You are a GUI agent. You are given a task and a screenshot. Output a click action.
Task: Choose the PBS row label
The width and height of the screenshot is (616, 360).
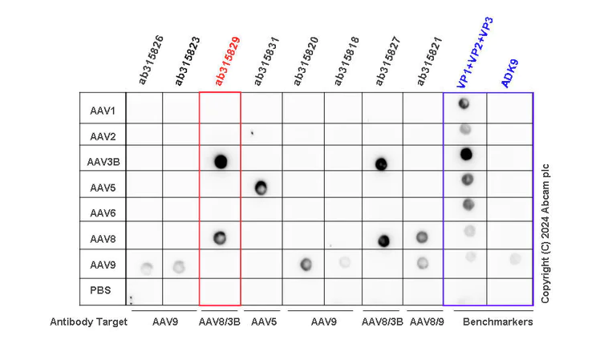tap(100, 290)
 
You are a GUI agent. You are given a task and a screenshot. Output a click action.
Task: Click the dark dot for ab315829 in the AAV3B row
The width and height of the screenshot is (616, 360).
tap(221, 161)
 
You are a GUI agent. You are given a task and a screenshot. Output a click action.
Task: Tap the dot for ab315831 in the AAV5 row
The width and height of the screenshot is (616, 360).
tap(261, 188)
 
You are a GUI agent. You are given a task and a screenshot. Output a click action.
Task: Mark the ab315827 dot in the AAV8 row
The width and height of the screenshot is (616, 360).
tap(384, 240)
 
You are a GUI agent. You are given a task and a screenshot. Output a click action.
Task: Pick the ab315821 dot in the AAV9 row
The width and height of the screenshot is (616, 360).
tap(423, 262)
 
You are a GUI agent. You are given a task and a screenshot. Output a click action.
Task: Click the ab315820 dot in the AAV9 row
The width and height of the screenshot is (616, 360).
tap(305, 264)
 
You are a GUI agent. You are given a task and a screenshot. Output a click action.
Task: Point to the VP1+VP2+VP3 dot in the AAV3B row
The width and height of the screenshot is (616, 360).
tap(466, 154)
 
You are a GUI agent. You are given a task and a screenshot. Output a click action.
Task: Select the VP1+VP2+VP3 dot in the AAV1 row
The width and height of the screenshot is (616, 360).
tap(464, 103)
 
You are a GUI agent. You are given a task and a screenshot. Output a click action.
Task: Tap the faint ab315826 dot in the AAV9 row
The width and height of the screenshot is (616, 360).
tap(146, 267)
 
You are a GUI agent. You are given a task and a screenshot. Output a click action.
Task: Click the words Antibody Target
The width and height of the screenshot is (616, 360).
tap(88, 322)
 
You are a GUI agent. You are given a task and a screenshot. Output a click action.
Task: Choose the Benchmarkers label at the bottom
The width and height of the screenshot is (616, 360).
tap(497, 322)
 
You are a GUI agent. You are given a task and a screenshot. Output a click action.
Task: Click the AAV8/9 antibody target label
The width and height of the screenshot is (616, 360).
tap(425, 322)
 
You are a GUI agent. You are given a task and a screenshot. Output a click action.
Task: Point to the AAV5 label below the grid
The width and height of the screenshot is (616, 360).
tap(262, 322)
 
